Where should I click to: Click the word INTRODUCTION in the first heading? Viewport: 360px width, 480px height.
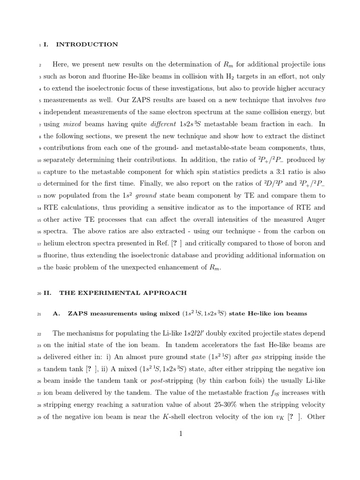click(87, 45)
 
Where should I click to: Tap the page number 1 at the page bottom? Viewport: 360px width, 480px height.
click(180, 434)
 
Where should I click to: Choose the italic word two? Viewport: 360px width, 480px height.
click(319, 99)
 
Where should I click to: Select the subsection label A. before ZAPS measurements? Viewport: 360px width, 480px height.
click(57, 314)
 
